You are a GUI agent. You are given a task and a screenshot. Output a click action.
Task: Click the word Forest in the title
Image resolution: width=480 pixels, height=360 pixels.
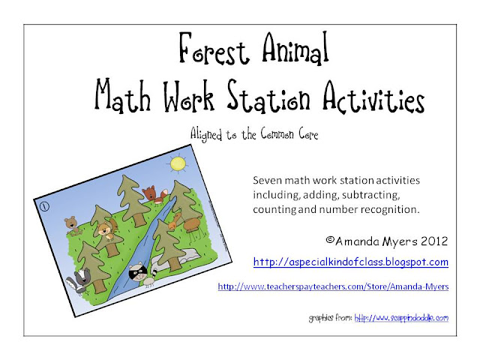(x=213, y=49)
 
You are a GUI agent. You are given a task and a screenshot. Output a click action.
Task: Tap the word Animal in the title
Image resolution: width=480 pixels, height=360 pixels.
(x=295, y=48)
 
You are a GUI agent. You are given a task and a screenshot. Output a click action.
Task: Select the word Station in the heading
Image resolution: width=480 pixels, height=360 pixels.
(x=268, y=96)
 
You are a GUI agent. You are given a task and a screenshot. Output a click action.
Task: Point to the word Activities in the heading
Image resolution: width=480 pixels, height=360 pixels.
(x=373, y=97)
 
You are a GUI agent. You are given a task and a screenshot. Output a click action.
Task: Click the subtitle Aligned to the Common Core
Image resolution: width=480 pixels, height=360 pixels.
(x=254, y=134)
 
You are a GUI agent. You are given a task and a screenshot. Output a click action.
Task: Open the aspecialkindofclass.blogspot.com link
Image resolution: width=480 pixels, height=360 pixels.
(x=351, y=262)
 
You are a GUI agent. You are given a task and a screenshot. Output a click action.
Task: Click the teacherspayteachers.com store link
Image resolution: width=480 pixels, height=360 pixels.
(x=333, y=286)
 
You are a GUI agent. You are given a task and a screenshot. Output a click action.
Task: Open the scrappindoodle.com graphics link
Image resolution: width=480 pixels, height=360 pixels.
(x=401, y=318)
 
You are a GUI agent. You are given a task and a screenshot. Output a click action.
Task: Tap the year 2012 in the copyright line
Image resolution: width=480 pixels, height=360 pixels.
(x=434, y=241)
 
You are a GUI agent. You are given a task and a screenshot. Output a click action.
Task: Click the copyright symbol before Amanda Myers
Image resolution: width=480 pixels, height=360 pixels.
(x=330, y=240)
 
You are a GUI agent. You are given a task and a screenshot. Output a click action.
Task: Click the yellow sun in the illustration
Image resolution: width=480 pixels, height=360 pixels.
(x=178, y=163)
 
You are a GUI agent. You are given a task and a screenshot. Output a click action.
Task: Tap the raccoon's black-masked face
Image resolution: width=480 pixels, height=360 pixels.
(x=137, y=272)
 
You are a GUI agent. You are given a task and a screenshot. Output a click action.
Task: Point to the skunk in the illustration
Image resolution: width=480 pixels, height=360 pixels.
(x=78, y=280)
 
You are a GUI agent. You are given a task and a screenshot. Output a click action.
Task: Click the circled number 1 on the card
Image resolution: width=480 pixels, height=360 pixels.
(x=44, y=206)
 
